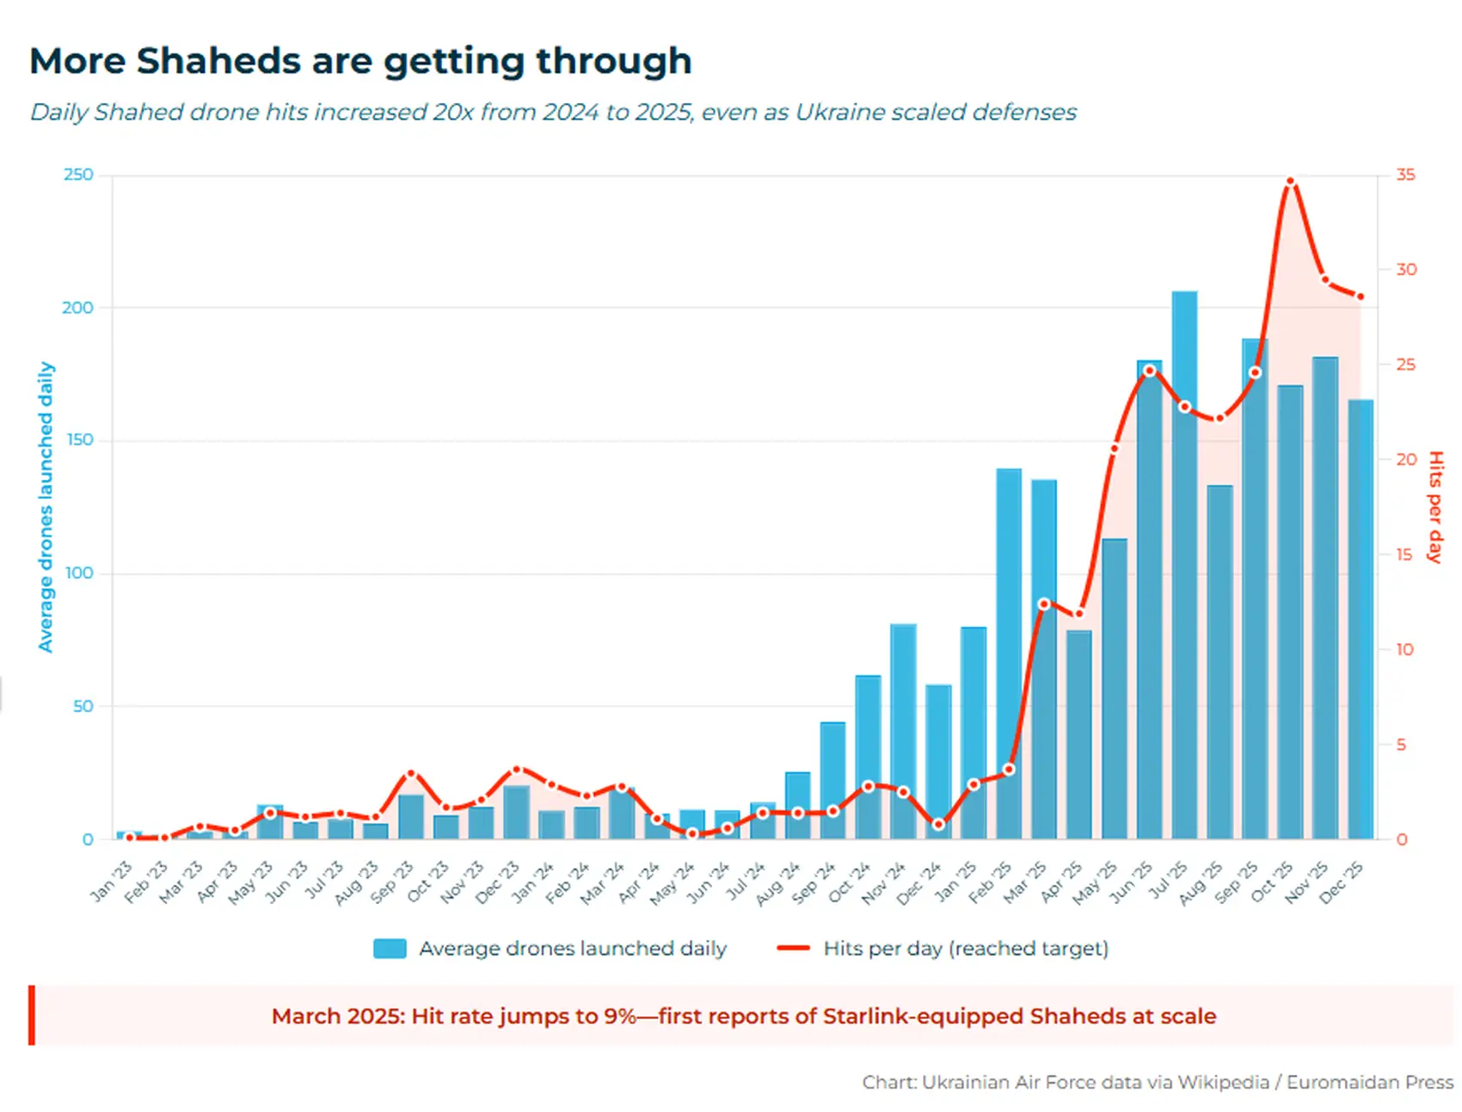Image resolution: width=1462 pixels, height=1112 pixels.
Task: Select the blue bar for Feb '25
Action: click(x=1009, y=654)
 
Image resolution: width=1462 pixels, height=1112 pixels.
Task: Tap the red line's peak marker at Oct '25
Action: click(x=1290, y=182)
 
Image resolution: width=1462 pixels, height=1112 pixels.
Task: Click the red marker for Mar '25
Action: click(x=1044, y=604)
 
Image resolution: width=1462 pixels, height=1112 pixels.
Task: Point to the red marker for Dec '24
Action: click(x=938, y=824)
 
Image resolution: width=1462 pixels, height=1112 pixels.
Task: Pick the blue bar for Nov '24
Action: click(x=903, y=731)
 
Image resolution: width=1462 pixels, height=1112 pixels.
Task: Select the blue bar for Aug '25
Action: click(x=1219, y=662)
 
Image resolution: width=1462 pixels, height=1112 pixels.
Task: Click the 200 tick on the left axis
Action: click(x=77, y=308)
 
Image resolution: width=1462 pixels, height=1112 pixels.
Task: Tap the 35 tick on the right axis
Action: click(x=1405, y=175)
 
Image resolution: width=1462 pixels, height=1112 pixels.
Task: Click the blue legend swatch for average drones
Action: click(x=390, y=949)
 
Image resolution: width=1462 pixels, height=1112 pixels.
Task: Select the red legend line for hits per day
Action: click(x=793, y=949)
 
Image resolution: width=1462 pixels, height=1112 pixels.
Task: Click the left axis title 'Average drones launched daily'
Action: click(x=46, y=507)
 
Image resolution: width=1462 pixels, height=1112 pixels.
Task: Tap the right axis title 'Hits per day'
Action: click(x=1434, y=507)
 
